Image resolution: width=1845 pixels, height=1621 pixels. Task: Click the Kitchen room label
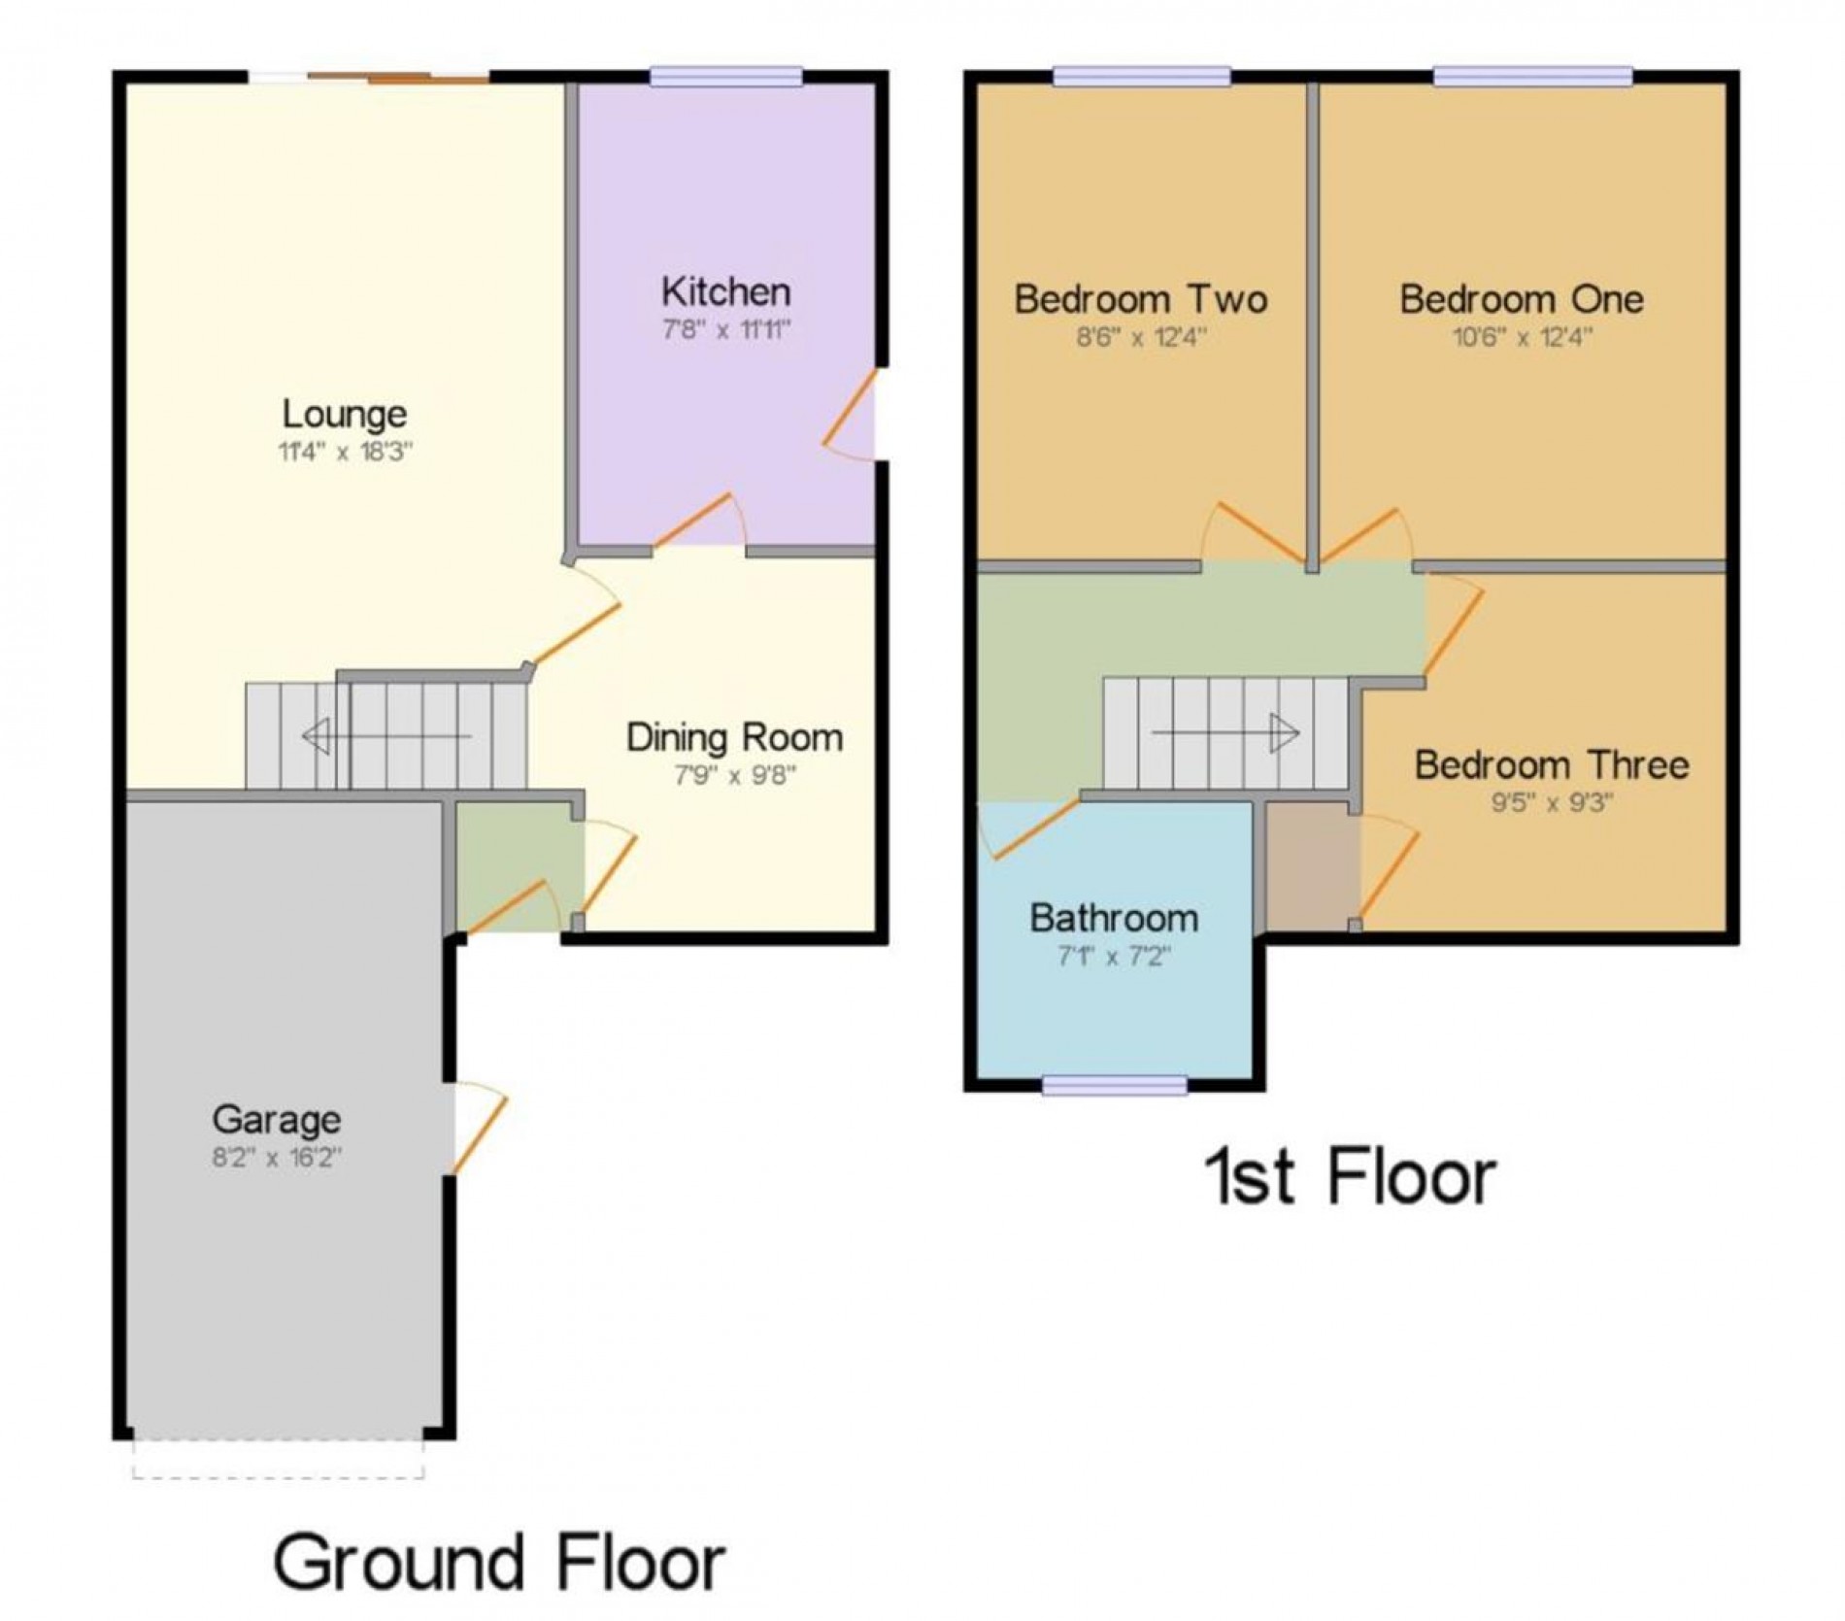tap(725, 291)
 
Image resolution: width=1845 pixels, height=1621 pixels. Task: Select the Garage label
tap(277, 1120)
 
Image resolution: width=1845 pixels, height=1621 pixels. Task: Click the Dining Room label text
tap(734, 737)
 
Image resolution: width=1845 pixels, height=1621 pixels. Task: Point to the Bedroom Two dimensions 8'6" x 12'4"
tap(1141, 338)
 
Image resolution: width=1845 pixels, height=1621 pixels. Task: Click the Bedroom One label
tap(1522, 299)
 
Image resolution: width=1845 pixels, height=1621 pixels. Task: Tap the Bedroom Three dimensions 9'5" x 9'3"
tap(1552, 804)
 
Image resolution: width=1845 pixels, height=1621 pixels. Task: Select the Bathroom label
tap(1114, 918)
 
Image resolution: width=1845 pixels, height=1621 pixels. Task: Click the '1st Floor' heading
tap(1350, 1177)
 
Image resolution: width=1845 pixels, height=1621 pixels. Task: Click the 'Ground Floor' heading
tap(499, 1563)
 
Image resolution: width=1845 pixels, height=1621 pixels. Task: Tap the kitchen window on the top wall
tap(726, 77)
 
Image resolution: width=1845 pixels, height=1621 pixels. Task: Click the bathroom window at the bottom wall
tap(1115, 1086)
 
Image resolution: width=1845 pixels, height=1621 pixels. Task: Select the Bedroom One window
tap(1533, 77)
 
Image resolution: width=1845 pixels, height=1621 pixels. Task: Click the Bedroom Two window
tap(1141, 77)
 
